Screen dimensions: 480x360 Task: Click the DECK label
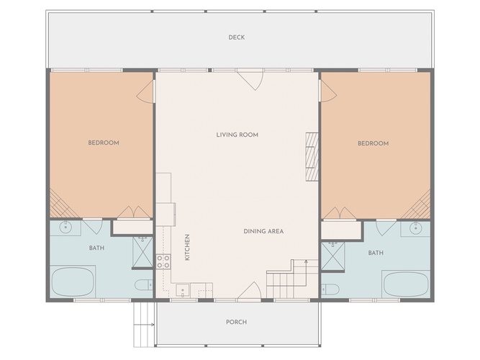coord(236,37)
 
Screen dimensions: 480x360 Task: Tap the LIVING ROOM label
coord(237,135)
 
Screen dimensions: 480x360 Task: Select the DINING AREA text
coord(263,231)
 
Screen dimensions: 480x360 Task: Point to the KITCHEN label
coord(187,247)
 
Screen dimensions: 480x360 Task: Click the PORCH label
coord(236,322)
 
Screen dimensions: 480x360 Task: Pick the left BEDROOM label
coord(104,143)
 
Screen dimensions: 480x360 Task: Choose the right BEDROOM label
coord(373,143)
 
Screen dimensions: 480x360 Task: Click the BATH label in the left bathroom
coord(96,248)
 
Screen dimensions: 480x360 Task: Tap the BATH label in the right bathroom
coord(376,253)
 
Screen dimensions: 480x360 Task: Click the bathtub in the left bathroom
coord(73,282)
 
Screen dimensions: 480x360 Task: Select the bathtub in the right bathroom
coord(407,284)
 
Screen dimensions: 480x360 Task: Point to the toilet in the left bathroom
coord(144,285)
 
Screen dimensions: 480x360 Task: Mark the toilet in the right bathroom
coord(330,289)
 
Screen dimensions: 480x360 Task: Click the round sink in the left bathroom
coord(65,228)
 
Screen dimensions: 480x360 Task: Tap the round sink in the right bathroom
coord(416,228)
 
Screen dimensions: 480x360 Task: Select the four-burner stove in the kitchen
coord(163,261)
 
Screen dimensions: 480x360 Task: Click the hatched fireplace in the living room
coord(312,156)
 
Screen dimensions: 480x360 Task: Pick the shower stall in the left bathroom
coord(142,252)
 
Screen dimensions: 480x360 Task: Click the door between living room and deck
coord(250,79)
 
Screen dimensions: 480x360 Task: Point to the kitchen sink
coord(183,290)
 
